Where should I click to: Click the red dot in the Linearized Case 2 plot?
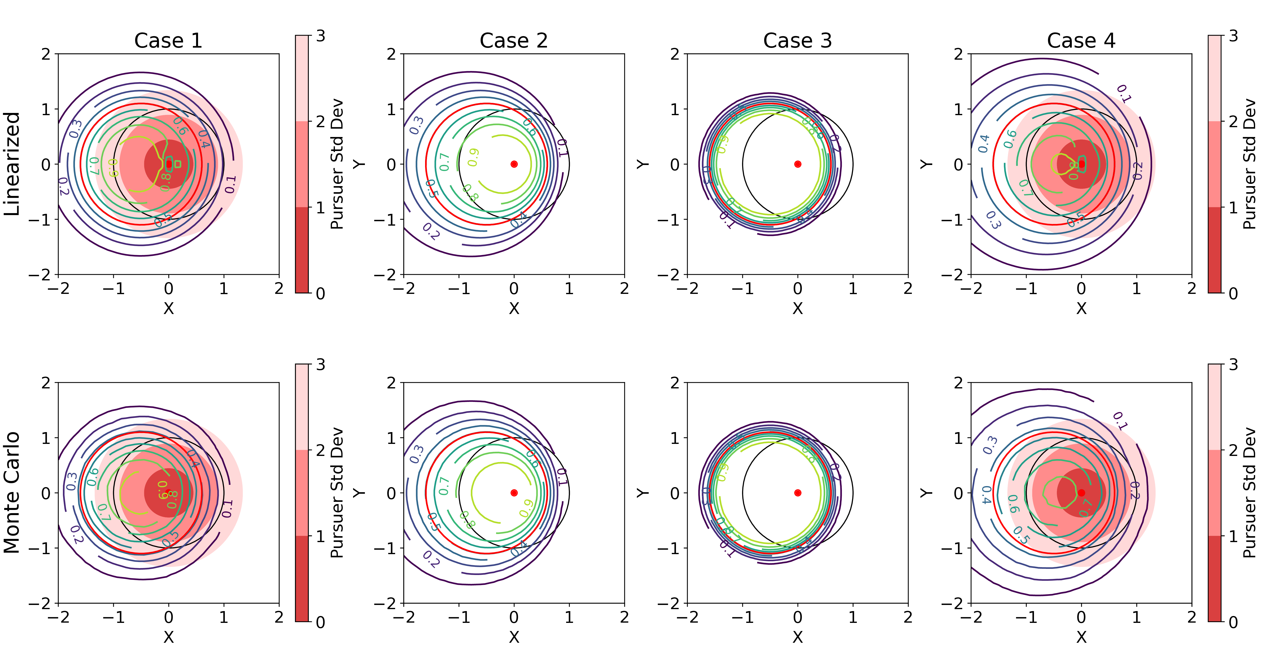[514, 164]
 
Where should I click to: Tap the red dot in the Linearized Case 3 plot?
[798, 164]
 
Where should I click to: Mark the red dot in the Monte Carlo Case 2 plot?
[514, 493]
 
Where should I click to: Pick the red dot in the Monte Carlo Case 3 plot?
[798, 493]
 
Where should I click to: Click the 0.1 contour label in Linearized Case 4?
[1123, 93]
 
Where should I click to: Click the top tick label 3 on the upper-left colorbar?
[320, 36]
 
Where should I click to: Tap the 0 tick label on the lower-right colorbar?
[1233, 622]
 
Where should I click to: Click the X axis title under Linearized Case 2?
[514, 308]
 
